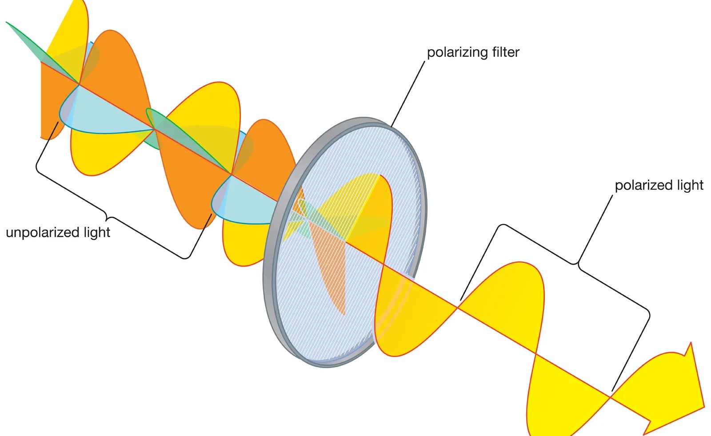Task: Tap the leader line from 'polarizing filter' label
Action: click(408, 93)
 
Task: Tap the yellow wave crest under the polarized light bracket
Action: click(511, 293)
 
